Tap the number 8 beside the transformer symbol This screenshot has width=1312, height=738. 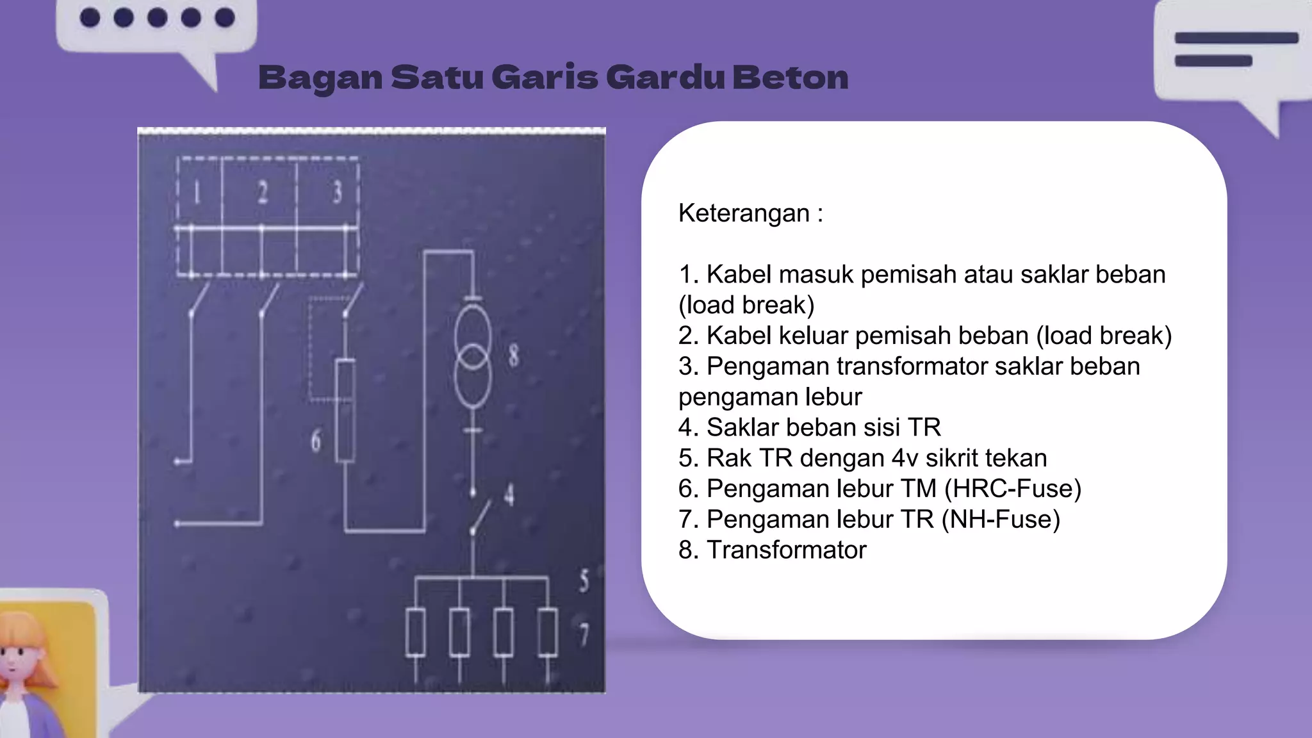coord(514,355)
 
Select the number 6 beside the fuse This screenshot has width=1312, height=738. coord(316,441)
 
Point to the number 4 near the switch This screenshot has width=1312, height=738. coord(509,495)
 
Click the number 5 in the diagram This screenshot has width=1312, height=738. coord(584,580)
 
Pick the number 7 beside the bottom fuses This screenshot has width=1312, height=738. coord(584,634)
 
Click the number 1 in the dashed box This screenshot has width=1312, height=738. coord(197,192)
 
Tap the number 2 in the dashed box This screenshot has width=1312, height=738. coord(263,192)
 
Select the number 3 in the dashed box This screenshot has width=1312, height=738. coord(337,192)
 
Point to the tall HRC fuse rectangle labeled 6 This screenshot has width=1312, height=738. coord(345,410)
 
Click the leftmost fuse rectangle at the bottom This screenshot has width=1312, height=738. coord(416,633)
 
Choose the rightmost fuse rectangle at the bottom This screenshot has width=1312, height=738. coord(547,633)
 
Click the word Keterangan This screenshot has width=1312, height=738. coord(744,213)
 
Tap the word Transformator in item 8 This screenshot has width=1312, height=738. coord(786,550)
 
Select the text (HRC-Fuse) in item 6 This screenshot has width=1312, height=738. coord(1012,489)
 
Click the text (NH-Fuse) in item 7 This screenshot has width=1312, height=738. coord(1001,520)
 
